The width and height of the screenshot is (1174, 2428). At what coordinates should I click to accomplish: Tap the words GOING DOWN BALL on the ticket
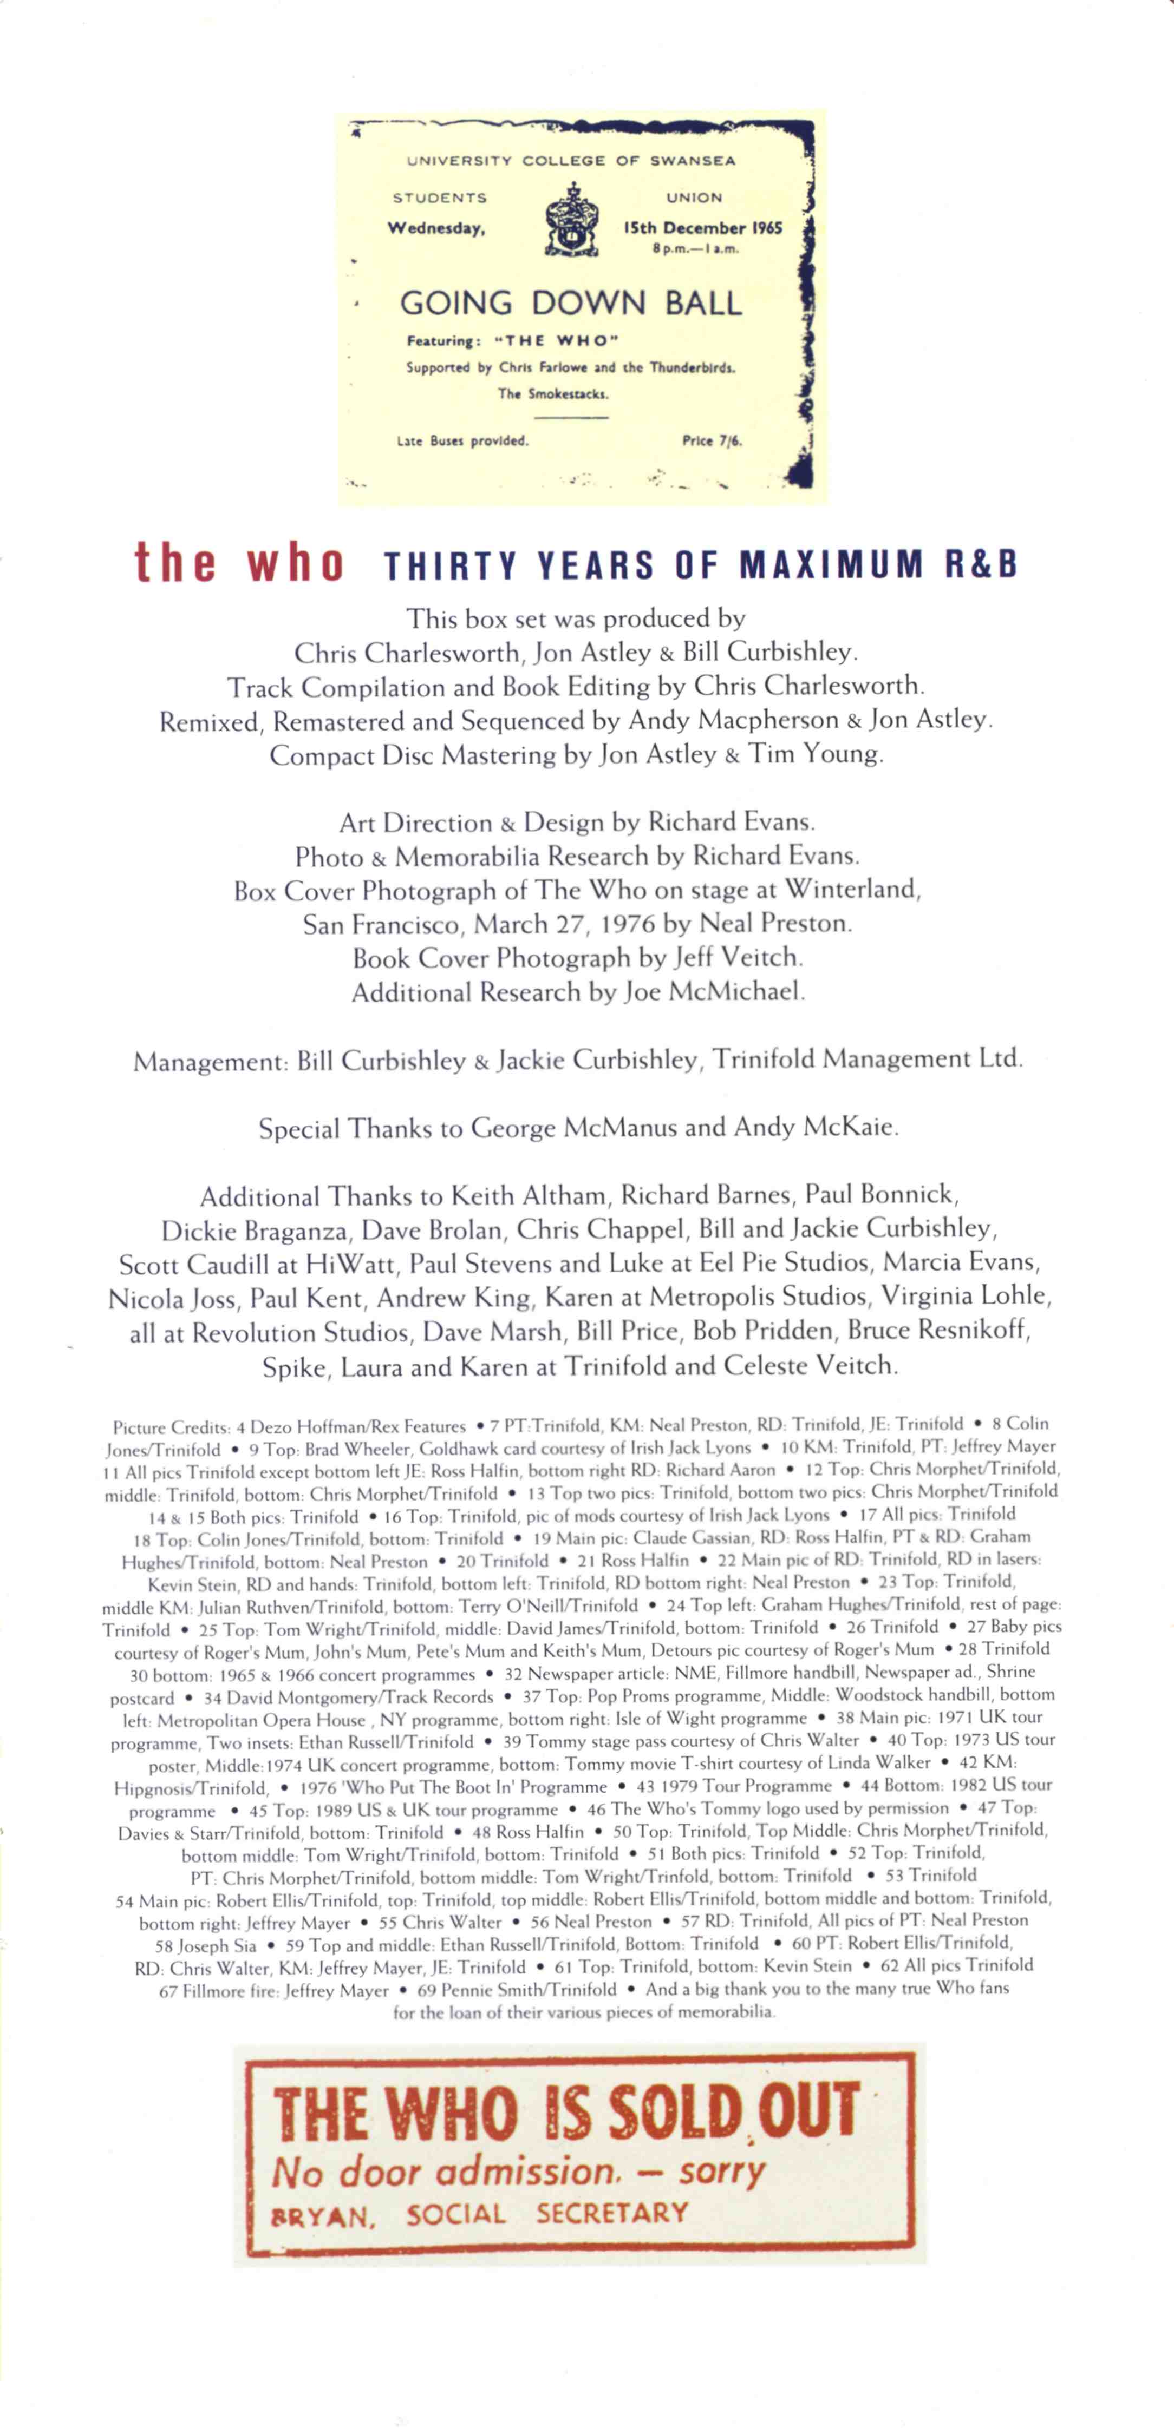[x=571, y=304]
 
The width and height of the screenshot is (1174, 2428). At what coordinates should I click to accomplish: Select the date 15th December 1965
[x=702, y=228]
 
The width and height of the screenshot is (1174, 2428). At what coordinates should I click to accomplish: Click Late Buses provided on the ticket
[x=462, y=440]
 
